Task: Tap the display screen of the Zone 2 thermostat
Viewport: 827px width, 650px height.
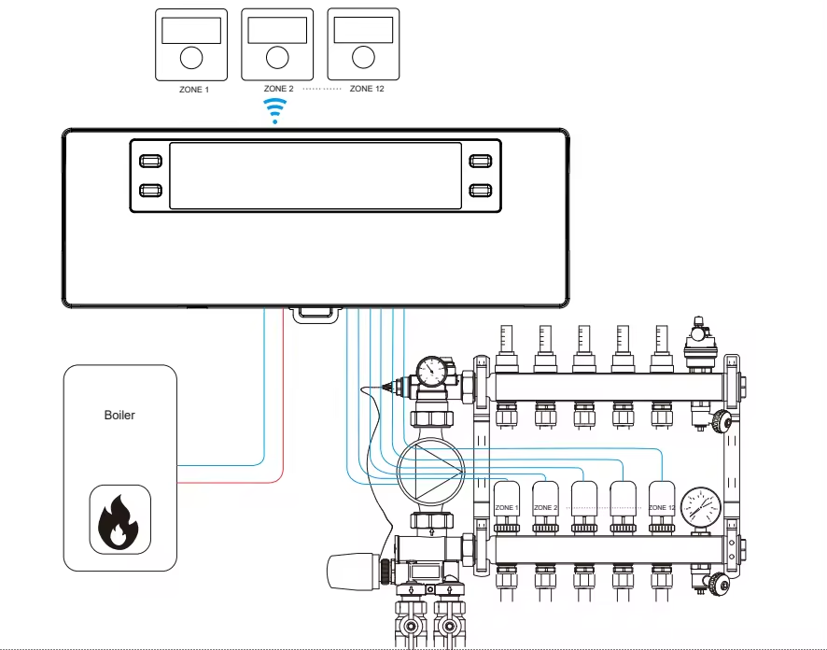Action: (x=275, y=32)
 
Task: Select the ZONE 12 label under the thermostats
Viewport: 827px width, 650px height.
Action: (x=366, y=89)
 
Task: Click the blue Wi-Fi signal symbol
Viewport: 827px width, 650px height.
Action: (x=274, y=110)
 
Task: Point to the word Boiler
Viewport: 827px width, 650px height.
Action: (x=119, y=415)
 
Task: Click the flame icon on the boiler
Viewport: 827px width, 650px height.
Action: (x=119, y=521)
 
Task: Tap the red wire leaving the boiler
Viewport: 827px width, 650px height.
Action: (x=233, y=482)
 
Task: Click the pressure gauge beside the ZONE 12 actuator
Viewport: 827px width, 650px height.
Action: (x=700, y=509)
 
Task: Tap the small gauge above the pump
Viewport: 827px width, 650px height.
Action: (x=431, y=373)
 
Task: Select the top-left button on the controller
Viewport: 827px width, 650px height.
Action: (x=150, y=160)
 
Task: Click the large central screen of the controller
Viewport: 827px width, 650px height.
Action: (x=315, y=176)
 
